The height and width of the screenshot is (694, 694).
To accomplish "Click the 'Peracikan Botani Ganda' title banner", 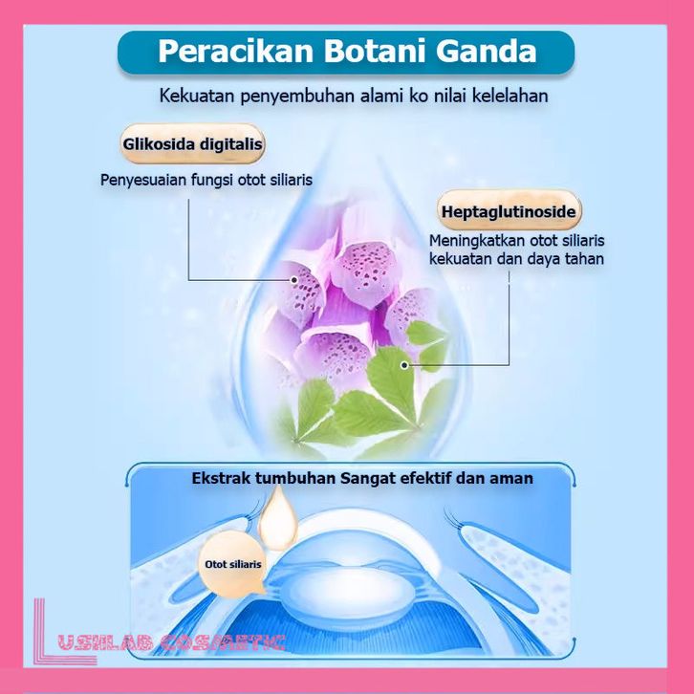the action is pos(346,52).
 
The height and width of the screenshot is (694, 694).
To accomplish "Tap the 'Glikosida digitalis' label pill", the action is pos(192,146).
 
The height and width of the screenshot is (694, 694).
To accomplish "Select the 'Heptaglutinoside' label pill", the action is pos(510,209).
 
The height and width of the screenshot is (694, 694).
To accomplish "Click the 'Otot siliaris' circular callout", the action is pos(233,565).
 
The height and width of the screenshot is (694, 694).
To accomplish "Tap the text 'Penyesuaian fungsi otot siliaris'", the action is pos(206,179).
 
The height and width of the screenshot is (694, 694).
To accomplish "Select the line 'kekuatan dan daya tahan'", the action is pos(516,259).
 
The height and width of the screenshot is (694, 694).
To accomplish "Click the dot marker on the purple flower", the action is pos(294,279).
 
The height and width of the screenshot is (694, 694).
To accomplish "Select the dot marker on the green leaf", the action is pos(405,364).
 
